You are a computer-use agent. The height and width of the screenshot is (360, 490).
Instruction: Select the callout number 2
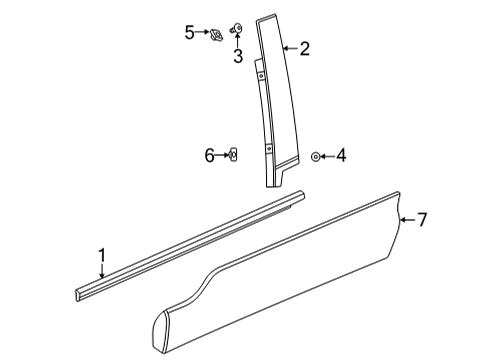[304, 47]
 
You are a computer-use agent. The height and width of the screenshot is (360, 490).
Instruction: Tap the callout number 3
[238, 56]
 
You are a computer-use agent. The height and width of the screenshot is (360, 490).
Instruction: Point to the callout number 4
[340, 156]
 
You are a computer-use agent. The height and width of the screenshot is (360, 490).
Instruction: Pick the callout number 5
[190, 32]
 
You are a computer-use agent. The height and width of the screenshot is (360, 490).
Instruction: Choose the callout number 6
[210, 155]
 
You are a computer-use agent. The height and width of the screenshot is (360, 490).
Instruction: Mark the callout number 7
[422, 220]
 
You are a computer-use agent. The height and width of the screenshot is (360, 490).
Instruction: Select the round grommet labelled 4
[316, 156]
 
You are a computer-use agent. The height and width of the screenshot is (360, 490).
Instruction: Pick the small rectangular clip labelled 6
[233, 155]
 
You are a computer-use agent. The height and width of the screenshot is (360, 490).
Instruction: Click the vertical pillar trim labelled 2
[277, 100]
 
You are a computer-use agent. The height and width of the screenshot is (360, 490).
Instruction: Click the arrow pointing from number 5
[203, 32]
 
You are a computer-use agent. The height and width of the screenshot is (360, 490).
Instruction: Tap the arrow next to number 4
[328, 156]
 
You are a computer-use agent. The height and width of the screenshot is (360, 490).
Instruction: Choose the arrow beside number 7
[406, 220]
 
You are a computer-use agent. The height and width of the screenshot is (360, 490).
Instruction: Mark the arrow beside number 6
[222, 155]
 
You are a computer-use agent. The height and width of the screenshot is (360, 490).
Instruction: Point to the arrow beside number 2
[289, 47]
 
